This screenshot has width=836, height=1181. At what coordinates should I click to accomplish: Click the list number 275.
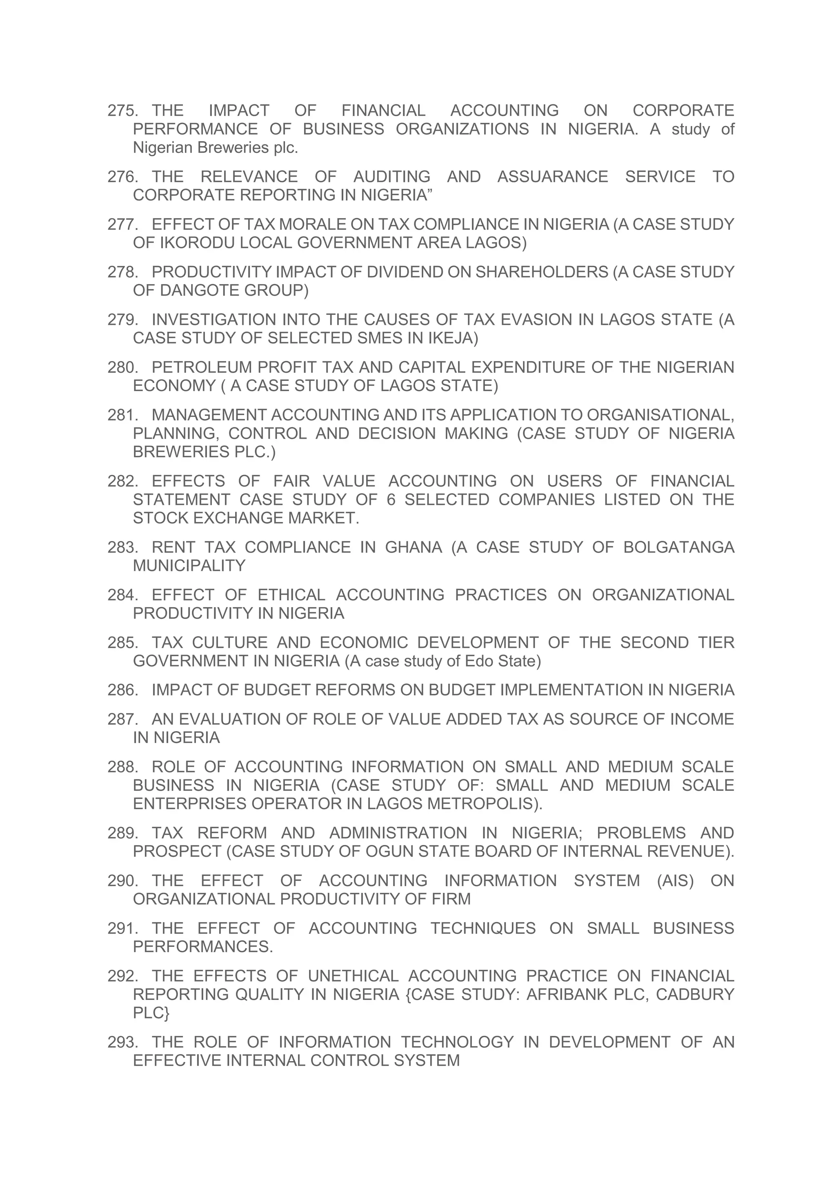122,111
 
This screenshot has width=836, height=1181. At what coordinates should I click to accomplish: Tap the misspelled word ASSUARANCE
552,177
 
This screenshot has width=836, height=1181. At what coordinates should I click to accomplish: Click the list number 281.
122,415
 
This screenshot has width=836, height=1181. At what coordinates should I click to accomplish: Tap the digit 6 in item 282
390,500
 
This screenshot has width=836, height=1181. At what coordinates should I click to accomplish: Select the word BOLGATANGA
678,547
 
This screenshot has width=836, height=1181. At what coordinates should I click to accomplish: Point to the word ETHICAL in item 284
291,595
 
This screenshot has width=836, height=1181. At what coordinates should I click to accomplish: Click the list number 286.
122,690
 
